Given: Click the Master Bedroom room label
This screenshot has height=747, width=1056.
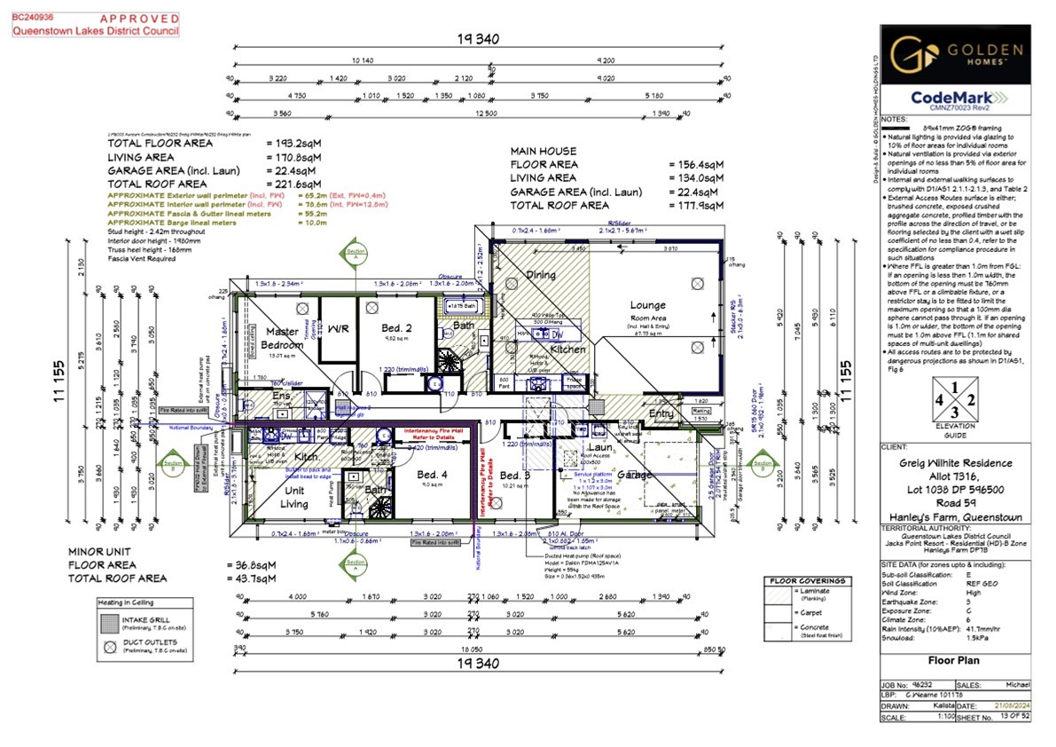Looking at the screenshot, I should click(281, 338).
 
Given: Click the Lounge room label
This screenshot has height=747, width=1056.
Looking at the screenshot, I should click(648, 305).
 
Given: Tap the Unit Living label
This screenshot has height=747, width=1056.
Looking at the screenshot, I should click(295, 498).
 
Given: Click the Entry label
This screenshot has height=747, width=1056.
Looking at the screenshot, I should click(661, 413).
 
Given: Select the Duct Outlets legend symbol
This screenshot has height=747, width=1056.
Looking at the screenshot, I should click(109, 644).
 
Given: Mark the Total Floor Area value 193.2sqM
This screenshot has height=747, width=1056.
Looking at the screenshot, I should click(295, 143).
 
